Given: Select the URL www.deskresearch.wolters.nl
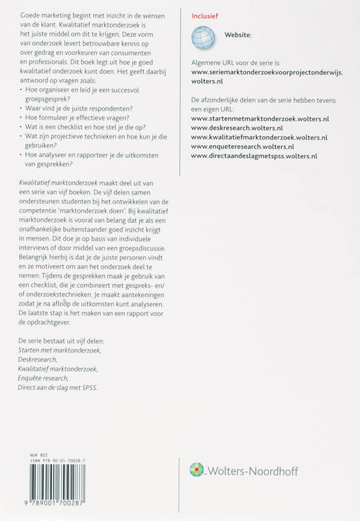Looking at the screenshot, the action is [x=240, y=129].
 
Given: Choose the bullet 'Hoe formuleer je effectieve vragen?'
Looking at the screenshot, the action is [x=75, y=118].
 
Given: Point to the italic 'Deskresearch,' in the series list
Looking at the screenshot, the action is [x=38, y=359].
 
